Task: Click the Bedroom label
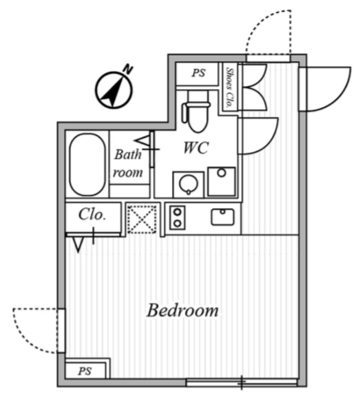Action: coord(182,310)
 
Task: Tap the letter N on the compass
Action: coord(128,69)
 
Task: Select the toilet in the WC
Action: coord(196,112)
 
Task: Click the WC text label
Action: coord(196,148)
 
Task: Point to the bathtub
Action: coord(87,165)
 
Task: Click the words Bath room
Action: coord(128,164)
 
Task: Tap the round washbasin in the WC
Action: coord(189,184)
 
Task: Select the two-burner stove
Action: coord(178,218)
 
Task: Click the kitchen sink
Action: coord(223,217)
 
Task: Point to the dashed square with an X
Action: coord(142,219)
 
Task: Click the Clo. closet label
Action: coord(92,215)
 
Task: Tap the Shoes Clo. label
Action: coord(229,87)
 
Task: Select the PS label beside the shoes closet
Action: coord(199,73)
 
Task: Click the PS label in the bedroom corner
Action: coord(85,371)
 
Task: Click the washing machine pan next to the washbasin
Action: coord(221,181)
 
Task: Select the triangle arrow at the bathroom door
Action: coord(144,140)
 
